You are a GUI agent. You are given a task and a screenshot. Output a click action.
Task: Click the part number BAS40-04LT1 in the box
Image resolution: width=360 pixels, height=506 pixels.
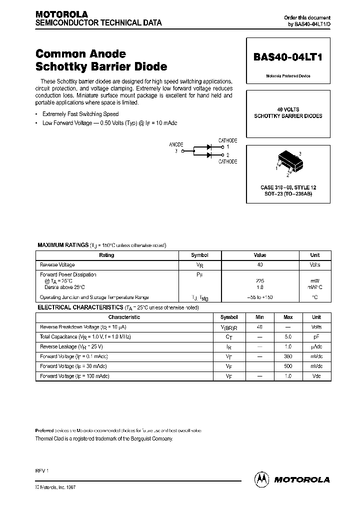click(x=288, y=57)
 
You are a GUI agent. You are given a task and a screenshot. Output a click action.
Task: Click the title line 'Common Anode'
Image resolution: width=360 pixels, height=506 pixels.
click(x=80, y=53)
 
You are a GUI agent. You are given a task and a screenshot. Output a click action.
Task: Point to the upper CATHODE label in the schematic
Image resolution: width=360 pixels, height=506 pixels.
click(x=227, y=141)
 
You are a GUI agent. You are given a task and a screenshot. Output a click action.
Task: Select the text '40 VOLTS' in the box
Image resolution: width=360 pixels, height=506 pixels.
click(x=288, y=109)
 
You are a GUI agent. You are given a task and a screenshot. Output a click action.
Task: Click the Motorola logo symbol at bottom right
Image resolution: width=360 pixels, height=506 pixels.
click(x=261, y=479)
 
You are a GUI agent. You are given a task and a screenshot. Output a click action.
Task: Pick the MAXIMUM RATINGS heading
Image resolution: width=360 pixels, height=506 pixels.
click(x=63, y=245)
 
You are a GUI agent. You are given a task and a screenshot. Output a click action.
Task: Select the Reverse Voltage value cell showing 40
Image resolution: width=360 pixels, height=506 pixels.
click(x=260, y=265)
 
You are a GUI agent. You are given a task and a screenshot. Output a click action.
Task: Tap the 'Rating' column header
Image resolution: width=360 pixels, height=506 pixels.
click(x=106, y=255)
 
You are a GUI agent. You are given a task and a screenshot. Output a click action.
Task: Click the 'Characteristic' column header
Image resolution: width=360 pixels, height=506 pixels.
click(x=124, y=317)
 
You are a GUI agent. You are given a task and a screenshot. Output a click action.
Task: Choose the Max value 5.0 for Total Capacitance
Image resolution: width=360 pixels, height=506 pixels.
click(x=288, y=337)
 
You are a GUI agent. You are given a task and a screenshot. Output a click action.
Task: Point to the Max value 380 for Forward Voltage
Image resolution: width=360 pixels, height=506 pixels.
click(x=288, y=356)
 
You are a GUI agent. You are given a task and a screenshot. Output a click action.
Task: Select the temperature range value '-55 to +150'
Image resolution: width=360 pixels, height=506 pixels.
click(x=260, y=297)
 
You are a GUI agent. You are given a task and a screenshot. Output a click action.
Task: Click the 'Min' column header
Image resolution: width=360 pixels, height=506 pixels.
click(x=259, y=317)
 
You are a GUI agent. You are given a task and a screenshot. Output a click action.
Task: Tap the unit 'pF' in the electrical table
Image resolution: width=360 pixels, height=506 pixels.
click(x=316, y=337)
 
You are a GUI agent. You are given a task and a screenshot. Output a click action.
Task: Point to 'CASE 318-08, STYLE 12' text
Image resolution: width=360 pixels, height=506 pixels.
click(x=288, y=187)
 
